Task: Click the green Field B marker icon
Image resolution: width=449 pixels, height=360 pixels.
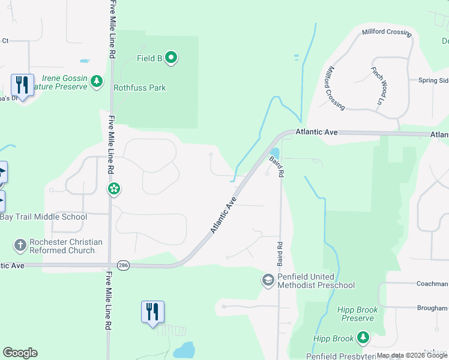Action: [x=171, y=58]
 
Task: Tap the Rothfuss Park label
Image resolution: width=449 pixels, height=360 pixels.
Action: [x=140, y=88]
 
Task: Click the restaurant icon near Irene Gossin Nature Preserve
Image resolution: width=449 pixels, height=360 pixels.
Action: [x=22, y=85]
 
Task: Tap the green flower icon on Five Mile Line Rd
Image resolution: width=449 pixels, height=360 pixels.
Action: [x=113, y=190]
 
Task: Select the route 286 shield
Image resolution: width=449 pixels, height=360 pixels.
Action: [x=124, y=265]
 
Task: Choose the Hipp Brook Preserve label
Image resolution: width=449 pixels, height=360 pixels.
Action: [x=357, y=314]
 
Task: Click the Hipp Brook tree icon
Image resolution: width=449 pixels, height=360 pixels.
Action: [x=363, y=338]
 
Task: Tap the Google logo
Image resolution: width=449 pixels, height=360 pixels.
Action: [x=20, y=353]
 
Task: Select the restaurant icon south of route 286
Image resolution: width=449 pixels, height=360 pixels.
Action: [x=152, y=312]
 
